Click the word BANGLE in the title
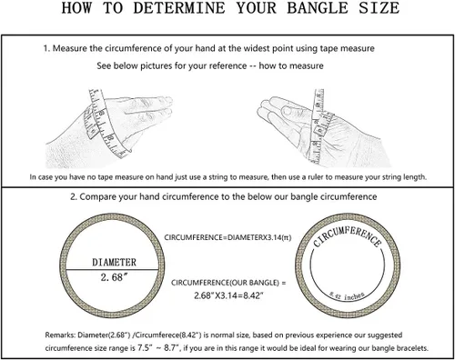pos(318,7)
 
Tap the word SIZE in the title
pos(379,7)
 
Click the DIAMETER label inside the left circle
pos(115,262)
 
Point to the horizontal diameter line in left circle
pos(112,269)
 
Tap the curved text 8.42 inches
pos(348,296)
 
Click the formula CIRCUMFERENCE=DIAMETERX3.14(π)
pos(227,237)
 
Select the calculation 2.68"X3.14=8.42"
pos(228,295)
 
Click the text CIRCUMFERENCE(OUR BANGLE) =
pos(228,283)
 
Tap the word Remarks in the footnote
pos(60,335)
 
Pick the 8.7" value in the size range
pos(170,348)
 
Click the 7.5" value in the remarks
pos(145,348)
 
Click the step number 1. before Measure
pos(46,48)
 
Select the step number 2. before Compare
pos(74,197)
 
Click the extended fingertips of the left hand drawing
pos(167,105)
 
